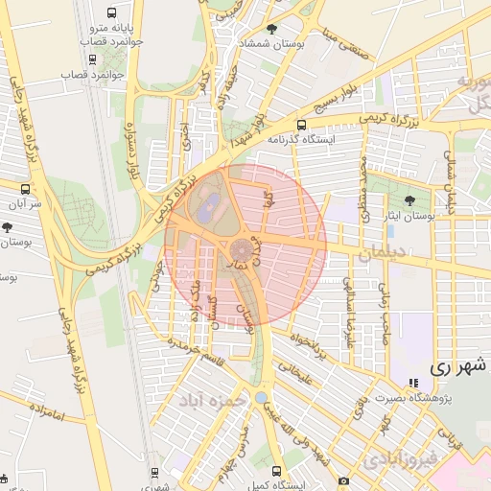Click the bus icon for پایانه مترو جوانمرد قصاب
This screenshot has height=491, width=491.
[x=113, y=14]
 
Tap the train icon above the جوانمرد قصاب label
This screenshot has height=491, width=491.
[x=113, y=58]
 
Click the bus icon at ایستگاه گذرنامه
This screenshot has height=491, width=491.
[x=302, y=125]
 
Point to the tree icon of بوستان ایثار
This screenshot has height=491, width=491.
[x=410, y=200]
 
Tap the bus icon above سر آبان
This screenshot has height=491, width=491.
[x=25, y=189]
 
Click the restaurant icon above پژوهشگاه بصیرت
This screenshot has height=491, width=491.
[x=414, y=382]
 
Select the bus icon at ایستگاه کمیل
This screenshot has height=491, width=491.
[x=277, y=472]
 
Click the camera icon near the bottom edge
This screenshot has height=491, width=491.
[x=343, y=479]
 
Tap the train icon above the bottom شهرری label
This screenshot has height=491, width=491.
[x=155, y=472]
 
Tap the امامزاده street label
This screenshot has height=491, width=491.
[x=45, y=415]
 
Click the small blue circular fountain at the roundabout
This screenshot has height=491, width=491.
[x=262, y=397]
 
